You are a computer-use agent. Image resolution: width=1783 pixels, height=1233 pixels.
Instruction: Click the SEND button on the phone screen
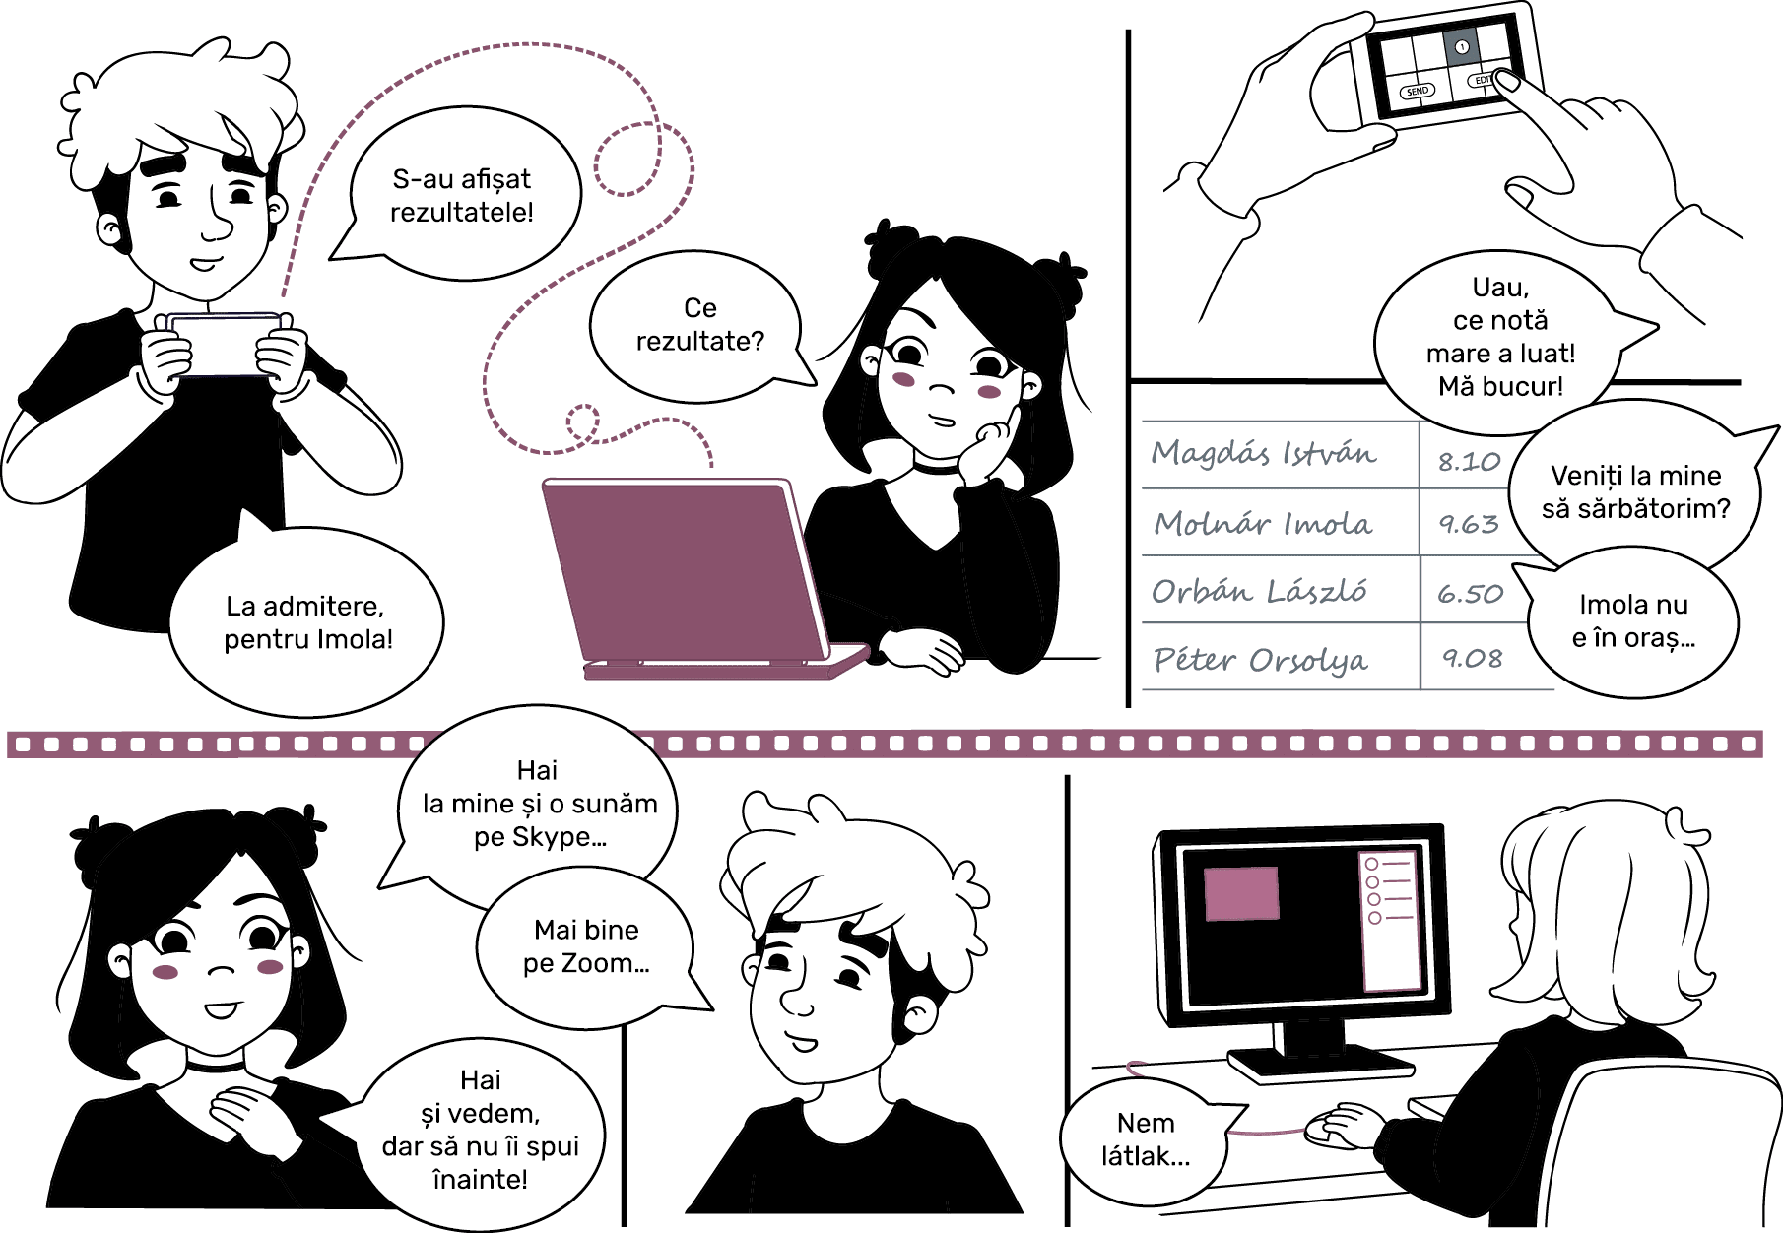point(1418,91)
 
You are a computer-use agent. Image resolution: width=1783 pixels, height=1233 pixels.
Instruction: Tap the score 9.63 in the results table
point(1469,524)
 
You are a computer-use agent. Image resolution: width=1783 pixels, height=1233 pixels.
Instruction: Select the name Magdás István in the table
point(1264,452)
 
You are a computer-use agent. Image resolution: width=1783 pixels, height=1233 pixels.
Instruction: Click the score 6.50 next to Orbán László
point(1470,593)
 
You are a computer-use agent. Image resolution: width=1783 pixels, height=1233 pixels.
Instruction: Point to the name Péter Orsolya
point(1261,659)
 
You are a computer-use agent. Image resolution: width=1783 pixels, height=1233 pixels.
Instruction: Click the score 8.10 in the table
point(1469,461)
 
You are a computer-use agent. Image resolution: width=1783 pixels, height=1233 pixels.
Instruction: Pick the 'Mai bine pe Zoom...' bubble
point(587,947)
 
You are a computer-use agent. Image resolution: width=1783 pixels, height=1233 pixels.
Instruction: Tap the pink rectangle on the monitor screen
point(1241,893)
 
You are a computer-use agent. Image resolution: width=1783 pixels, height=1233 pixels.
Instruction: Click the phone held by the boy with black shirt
point(224,345)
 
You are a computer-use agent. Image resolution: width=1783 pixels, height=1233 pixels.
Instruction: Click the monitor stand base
point(1321,1063)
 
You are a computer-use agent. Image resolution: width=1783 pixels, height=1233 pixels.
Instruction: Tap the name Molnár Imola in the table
point(1263,523)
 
